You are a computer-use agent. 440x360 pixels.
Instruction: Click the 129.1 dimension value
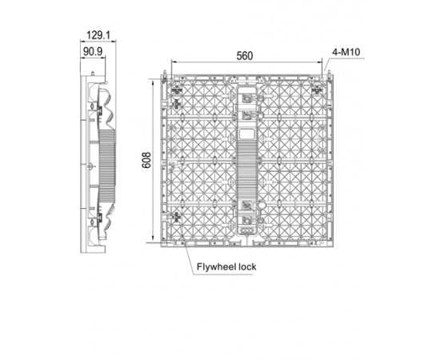pyautogui.click(x=98, y=35)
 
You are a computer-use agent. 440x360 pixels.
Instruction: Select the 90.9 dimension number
pyautogui.click(x=93, y=52)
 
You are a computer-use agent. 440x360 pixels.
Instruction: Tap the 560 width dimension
pyautogui.click(x=245, y=56)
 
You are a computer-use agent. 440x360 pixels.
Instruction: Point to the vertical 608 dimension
pyautogui.click(x=146, y=160)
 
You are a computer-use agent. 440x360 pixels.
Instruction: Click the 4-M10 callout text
pyautogui.click(x=346, y=52)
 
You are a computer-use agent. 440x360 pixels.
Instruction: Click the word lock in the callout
pyautogui.click(x=247, y=266)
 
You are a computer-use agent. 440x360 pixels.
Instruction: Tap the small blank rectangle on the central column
pyautogui.click(x=246, y=134)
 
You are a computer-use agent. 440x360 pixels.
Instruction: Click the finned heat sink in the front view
pyautogui.click(x=246, y=169)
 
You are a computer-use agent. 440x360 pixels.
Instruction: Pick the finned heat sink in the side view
pyautogui.click(x=107, y=166)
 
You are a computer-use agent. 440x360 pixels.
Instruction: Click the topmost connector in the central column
pyautogui.click(x=247, y=98)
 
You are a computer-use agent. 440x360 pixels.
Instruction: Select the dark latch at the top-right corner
pyautogui.click(x=317, y=90)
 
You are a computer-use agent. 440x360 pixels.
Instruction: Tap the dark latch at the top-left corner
pyautogui.click(x=177, y=90)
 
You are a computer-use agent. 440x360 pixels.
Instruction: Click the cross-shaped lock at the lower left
pyautogui.click(x=176, y=217)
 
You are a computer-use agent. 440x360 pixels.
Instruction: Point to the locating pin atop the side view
pyautogui.click(x=93, y=73)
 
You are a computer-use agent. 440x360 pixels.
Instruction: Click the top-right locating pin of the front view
pyautogui.click(x=328, y=73)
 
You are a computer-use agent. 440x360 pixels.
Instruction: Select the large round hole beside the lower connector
pyautogui.click(x=262, y=206)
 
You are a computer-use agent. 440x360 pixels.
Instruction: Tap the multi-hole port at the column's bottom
pyautogui.click(x=246, y=230)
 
